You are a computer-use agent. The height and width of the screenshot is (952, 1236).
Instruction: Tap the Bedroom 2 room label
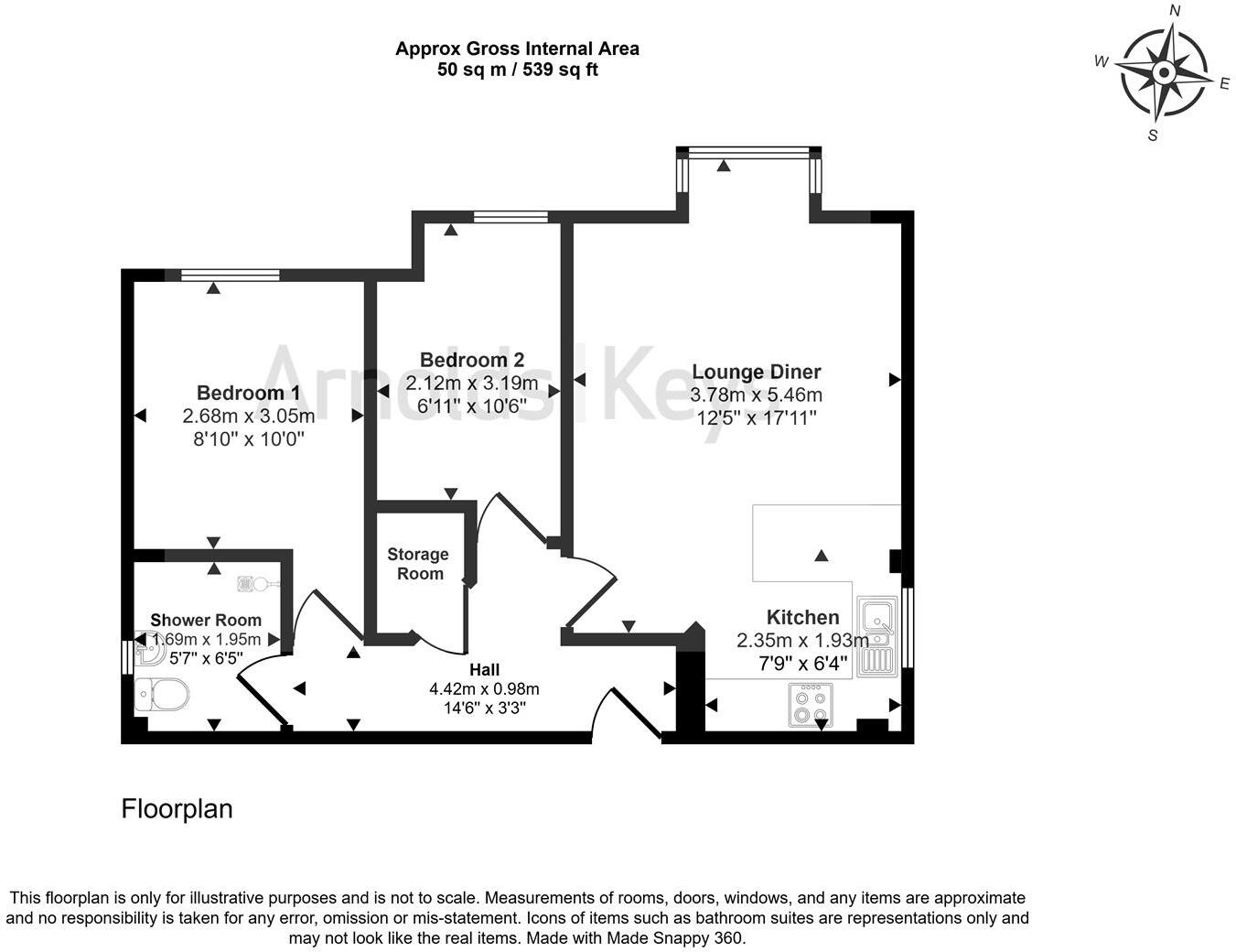coord(471,360)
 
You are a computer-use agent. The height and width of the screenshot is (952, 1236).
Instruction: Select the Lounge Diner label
coord(756,372)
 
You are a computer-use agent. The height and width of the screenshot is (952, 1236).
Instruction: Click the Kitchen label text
coord(801,617)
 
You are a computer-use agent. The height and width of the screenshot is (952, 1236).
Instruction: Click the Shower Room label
coord(206,620)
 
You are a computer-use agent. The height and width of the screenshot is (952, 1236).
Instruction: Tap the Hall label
coord(484,669)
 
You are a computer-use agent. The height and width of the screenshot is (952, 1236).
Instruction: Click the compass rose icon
coord(1163,73)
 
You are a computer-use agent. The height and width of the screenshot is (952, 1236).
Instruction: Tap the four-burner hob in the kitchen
coord(811,705)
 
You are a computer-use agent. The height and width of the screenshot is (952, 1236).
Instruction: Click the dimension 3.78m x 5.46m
coord(756,395)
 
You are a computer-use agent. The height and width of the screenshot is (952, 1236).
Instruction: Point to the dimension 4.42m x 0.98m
coord(484,688)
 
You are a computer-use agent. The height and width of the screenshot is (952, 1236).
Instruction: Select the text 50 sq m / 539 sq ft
coord(517,70)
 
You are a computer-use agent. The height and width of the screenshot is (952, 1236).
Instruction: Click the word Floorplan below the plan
coord(177,809)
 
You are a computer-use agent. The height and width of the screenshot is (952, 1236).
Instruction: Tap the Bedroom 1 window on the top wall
coord(230,275)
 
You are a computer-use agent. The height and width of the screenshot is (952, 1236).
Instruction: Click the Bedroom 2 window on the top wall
coord(511,217)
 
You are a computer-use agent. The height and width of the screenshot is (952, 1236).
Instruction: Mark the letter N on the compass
coord(1176,12)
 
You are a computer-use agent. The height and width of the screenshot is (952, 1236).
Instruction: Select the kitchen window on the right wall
coord(908,627)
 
